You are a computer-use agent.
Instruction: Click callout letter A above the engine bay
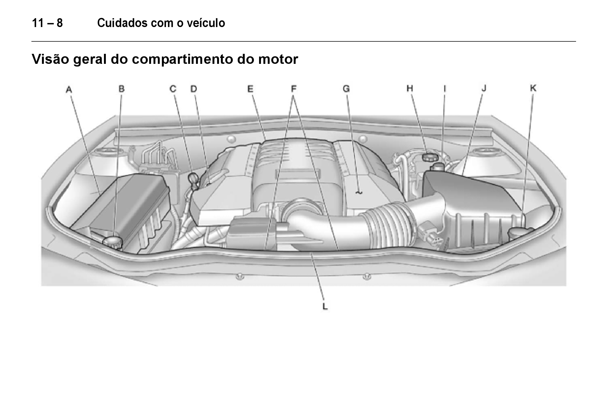click(69, 89)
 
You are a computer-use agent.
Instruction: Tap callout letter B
click(122, 89)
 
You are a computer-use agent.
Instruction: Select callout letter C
click(173, 89)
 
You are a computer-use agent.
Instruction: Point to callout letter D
click(194, 89)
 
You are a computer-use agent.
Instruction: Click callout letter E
click(250, 89)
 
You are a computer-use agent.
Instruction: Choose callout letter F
click(294, 89)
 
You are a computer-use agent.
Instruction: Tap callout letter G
click(346, 89)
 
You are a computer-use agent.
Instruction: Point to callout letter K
click(533, 88)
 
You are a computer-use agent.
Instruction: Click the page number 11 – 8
click(47, 23)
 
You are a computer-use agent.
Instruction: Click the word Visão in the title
click(50, 59)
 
